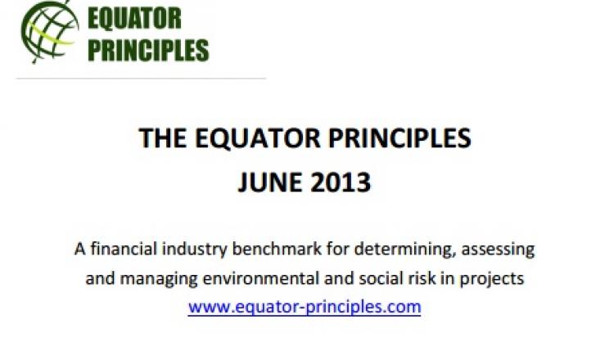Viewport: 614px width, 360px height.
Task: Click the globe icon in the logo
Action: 50,32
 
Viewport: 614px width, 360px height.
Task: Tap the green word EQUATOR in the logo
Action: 134,19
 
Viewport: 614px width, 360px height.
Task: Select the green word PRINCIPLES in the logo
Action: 148,50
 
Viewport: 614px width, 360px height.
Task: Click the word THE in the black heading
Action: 163,138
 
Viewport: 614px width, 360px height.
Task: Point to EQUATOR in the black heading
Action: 257,139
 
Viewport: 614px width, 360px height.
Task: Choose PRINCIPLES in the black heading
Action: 400,138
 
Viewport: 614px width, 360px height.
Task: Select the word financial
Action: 124,249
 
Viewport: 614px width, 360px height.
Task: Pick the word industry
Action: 194,250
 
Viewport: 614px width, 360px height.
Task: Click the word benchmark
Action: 277,249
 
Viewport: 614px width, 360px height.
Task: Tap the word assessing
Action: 498,250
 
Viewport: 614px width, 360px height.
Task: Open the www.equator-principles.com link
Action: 305,307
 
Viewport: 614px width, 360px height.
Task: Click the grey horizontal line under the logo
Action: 141,79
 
